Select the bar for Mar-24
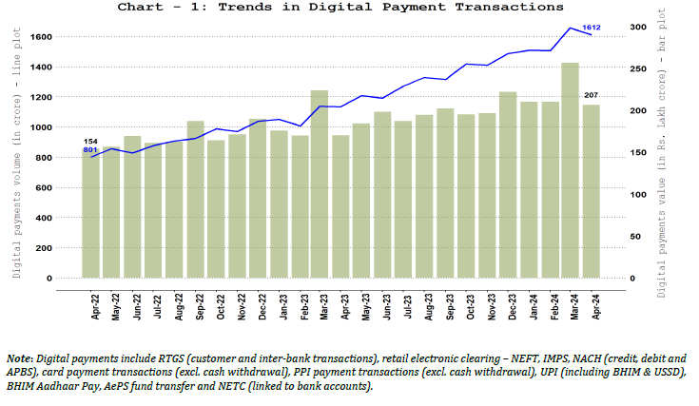tap(571, 171)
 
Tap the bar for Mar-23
tap(320, 185)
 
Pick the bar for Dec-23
tap(508, 185)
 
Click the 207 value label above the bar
tap(592, 95)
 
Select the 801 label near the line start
tap(90, 150)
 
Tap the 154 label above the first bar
tap(90, 141)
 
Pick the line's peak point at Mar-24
tap(571, 28)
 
